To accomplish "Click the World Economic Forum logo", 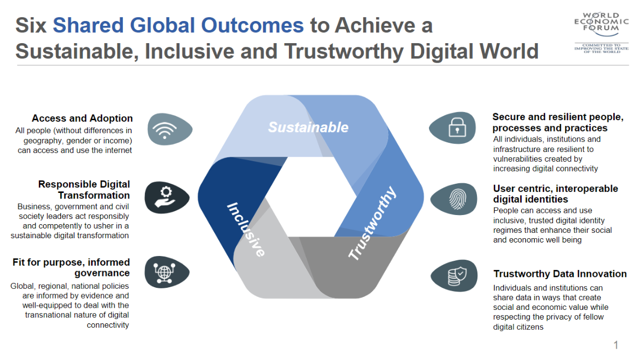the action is (601, 33).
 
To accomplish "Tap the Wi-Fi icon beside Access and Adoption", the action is (165, 130).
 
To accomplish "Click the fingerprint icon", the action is (457, 199).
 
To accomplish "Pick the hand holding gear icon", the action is (165, 197).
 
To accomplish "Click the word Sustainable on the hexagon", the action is (308, 127).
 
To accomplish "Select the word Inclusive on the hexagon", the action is (246, 230).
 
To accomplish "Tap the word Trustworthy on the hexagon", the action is (372, 223).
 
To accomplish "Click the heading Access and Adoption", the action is (82, 118).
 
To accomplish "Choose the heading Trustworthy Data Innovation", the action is (560, 274).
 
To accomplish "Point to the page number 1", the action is (615, 345).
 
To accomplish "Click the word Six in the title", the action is (31, 25).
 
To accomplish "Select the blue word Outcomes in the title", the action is (252, 25).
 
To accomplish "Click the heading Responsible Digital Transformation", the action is (84, 190).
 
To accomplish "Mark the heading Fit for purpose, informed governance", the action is (71, 268).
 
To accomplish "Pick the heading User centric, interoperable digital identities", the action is (555, 194).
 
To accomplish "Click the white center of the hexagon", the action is (311, 197).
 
